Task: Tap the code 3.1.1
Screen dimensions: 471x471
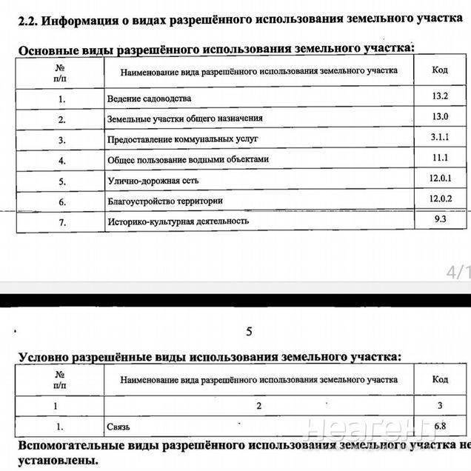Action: pos(439,137)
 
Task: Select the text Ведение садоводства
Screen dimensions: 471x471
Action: pos(149,98)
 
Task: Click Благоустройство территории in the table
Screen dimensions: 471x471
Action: pos(164,201)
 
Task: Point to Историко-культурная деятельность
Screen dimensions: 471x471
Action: pos(178,221)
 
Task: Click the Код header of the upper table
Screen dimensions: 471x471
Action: pos(439,70)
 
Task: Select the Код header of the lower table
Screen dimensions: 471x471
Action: pos(439,379)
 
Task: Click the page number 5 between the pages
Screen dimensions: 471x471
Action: pos(249,332)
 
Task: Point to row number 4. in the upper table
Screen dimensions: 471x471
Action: pos(61,159)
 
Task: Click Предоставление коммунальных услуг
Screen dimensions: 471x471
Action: pos(182,139)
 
